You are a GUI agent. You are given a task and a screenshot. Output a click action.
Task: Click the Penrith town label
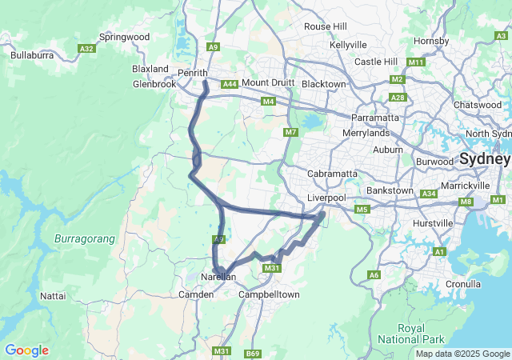coord(192,73)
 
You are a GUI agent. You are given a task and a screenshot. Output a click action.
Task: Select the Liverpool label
coord(326,198)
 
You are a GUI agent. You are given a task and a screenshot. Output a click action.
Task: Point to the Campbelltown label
coord(270,294)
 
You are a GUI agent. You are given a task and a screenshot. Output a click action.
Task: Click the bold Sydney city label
coord(485,158)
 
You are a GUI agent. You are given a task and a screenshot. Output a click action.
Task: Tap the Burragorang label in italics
coord(85,239)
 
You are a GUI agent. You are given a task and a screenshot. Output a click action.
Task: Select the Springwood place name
coord(124,37)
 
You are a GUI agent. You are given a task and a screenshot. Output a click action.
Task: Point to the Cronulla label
coord(463,284)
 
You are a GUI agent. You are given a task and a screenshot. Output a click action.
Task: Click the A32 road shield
coord(86,49)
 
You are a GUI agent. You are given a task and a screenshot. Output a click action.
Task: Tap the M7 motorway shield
coord(290,132)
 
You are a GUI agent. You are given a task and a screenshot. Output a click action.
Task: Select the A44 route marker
coord(230,84)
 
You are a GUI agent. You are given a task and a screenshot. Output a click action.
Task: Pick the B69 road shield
coord(253,353)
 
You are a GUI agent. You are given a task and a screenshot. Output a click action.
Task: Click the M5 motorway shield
coord(362,210)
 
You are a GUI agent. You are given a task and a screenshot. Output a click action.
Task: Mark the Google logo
coord(26,350)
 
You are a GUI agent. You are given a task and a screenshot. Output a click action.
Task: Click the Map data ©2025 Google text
coord(462,354)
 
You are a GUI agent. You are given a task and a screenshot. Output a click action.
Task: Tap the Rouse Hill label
coord(325,26)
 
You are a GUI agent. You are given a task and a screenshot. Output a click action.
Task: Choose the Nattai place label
coord(53,296)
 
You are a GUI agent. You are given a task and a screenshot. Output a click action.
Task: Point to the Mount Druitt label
coord(268,83)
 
